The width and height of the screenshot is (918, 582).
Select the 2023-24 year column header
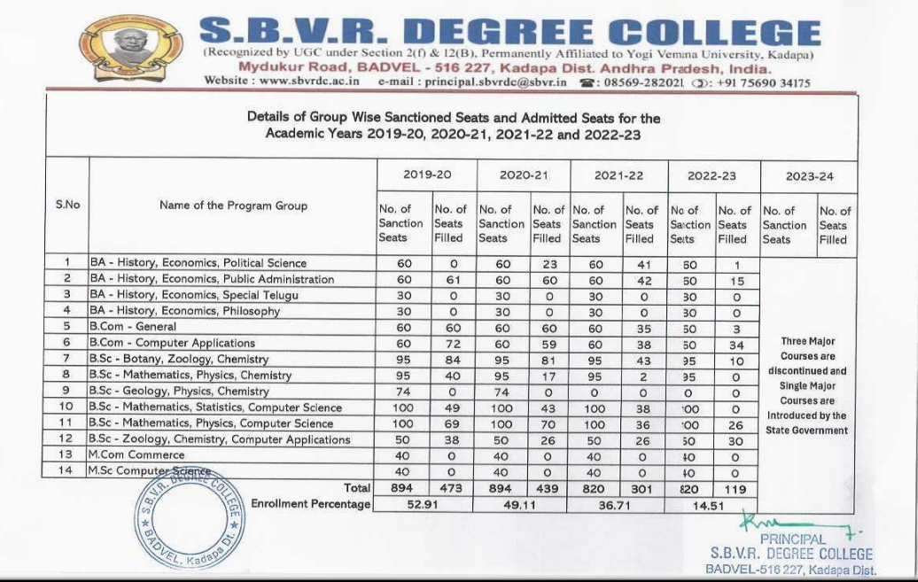pyautogui.click(x=810, y=175)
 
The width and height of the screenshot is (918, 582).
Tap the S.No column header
pyautogui.click(x=67, y=205)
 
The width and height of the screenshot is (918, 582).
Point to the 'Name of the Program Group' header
pyautogui.click(x=233, y=206)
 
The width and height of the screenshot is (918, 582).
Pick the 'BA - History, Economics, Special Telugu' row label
pyautogui.click(x=193, y=295)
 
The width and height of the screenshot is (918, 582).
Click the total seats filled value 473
pyautogui.click(x=452, y=487)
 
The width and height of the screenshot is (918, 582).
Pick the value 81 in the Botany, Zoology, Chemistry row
pyautogui.click(x=547, y=359)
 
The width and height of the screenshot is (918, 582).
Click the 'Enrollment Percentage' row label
pyautogui.click(x=310, y=504)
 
